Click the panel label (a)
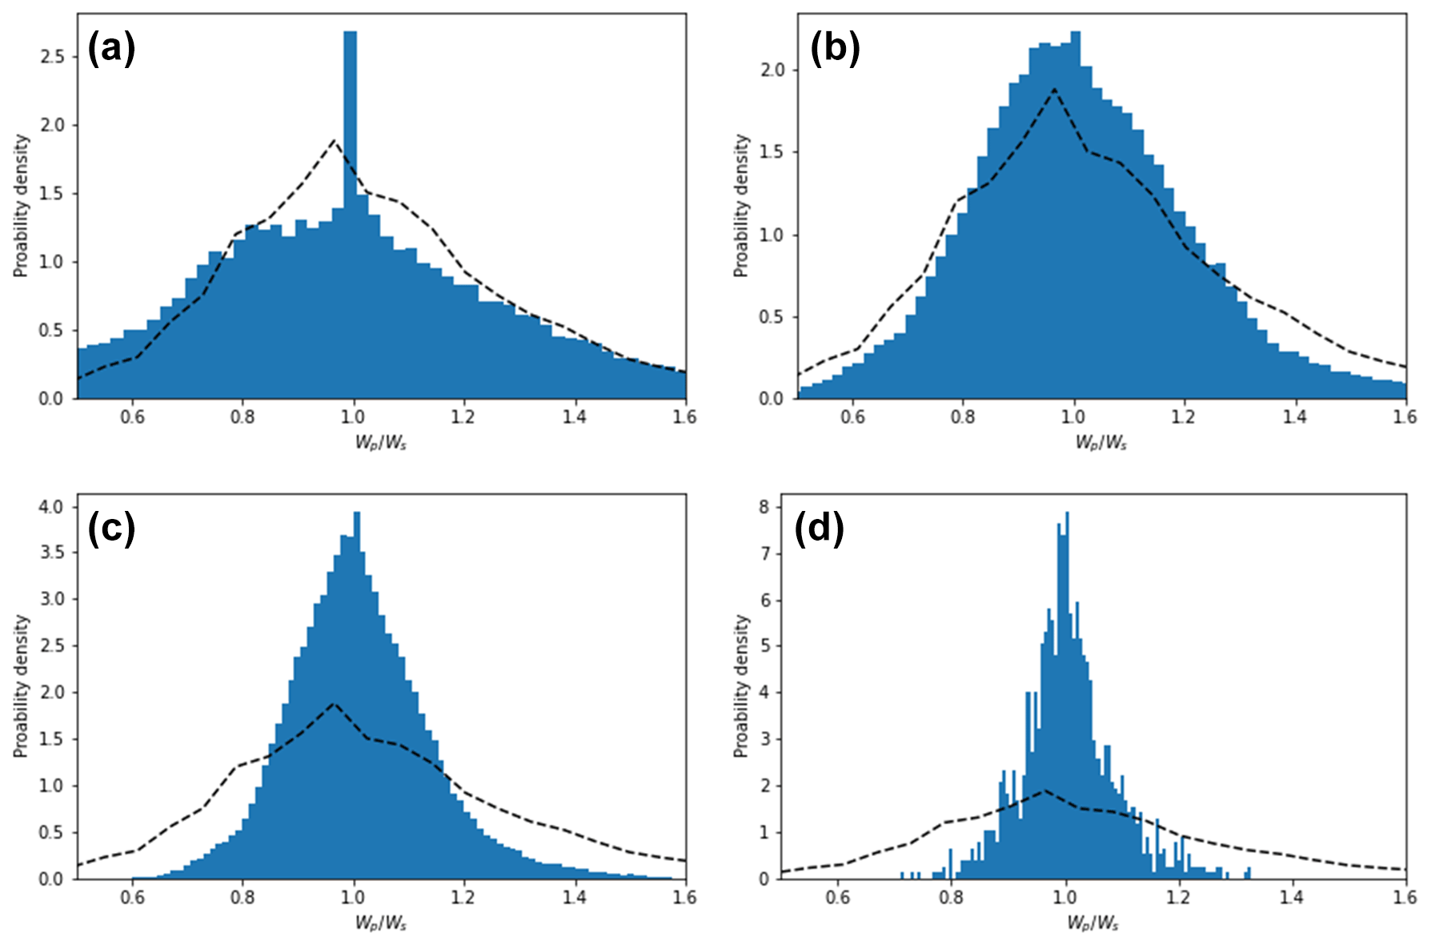(x=111, y=50)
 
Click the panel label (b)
(x=834, y=50)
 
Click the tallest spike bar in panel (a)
(x=350, y=120)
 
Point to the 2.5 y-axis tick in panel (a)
(x=53, y=57)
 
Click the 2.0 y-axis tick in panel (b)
(x=773, y=70)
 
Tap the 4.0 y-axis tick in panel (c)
(x=53, y=507)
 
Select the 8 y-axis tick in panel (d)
(x=764, y=507)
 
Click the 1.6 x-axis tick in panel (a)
(x=684, y=417)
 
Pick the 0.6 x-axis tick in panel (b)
(x=853, y=417)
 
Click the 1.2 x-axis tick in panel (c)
(x=463, y=898)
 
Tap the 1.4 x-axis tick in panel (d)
(x=1292, y=898)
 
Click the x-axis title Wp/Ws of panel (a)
(x=381, y=443)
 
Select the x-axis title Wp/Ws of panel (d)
(x=1092, y=923)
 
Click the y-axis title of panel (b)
(x=741, y=206)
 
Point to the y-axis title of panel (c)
(x=21, y=686)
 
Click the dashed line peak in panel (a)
(x=334, y=141)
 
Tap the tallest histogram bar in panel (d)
(x=1067, y=561)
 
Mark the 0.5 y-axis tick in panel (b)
(x=773, y=317)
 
